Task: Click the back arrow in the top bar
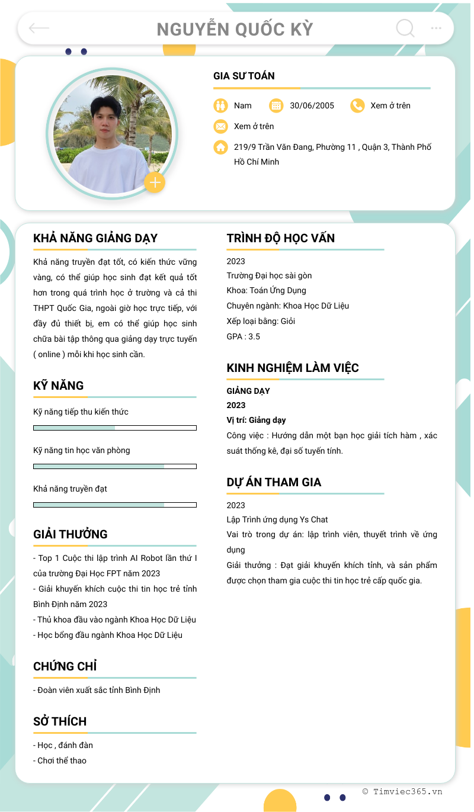pyautogui.click(x=39, y=28)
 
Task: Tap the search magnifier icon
pyautogui.click(x=405, y=28)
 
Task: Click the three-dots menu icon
pyautogui.click(x=436, y=28)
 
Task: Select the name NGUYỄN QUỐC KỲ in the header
pyautogui.click(x=235, y=29)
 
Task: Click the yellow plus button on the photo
pyautogui.click(x=155, y=183)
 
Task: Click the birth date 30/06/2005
pyautogui.click(x=312, y=105)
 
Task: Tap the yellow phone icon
pyautogui.click(x=357, y=105)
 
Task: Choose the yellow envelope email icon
pyautogui.click(x=220, y=126)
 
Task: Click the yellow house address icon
pyautogui.click(x=220, y=147)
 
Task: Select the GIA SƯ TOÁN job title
pyautogui.click(x=244, y=76)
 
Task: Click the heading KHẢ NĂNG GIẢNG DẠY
pyautogui.click(x=95, y=238)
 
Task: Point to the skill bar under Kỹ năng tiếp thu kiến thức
pyautogui.click(x=115, y=428)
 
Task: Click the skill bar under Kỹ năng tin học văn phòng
pyautogui.click(x=115, y=466)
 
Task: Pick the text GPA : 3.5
pyautogui.click(x=244, y=336)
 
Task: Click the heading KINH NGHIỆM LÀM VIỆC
pyautogui.click(x=293, y=368)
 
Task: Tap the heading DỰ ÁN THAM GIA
pyautogui.click(x=274, y=482)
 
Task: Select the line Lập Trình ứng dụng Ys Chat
pyautogui.click(x=277, y=519)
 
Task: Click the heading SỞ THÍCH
pyautogui.click(x=60, y=721)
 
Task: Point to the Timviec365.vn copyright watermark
pyautogui.click(x=402, y=791)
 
